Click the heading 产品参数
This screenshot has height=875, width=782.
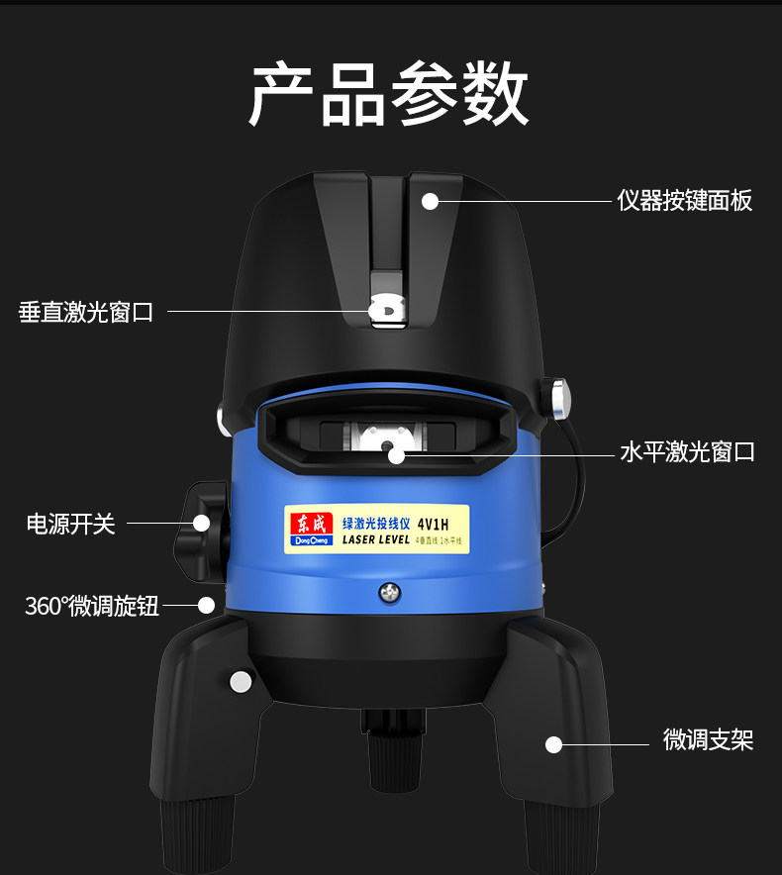pos(389,95)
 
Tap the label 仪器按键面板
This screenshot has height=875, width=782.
pos(684,201)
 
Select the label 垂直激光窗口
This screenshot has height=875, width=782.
pos(86,313)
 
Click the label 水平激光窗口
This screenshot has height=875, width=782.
pos(687,452)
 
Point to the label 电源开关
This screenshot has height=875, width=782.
pos(70,524)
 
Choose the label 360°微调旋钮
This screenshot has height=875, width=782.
pos(91,606)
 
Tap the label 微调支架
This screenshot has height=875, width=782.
pos(708,739)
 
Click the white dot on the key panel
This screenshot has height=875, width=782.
pos(430,201)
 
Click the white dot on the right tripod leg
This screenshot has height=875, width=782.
pos(554,744)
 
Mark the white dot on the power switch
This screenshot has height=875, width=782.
pos(201,523)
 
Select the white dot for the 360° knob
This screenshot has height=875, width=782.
pos(207,605)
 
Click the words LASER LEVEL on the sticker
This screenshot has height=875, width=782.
pos(375,540)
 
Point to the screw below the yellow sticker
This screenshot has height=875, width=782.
pos(391,593)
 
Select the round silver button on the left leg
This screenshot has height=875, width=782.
pos(241,681)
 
